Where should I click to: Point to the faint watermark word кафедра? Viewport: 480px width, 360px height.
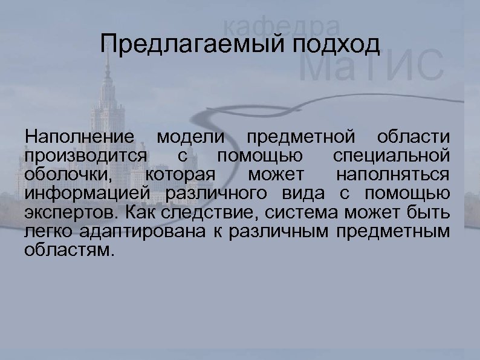[281, 26]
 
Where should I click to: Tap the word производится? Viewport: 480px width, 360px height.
[86, 155]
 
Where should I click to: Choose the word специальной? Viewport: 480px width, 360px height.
[391, 155]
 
